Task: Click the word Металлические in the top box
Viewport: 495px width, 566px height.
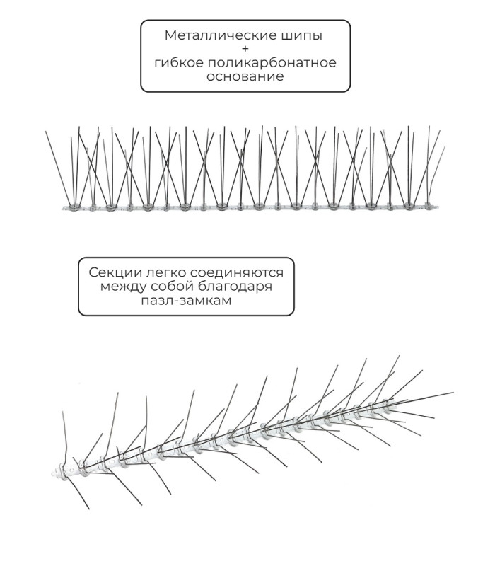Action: pyautogui.click(x=220, y=35)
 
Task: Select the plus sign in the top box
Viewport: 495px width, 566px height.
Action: pyautogui.click(x=245, y=49)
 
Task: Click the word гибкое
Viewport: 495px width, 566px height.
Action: pyautogui.click(x=178, y=62)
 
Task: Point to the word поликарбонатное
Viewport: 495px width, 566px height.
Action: pyautogui.click(x=272, y=64)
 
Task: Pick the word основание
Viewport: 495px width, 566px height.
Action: pyautogui.click(x=245, y=76)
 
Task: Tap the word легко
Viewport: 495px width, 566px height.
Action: pyautogui.click(x=165, y=272)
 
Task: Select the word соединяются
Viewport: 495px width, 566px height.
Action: pyautogui.click(x=237, y=272)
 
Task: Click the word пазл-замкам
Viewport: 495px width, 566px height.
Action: pyautogui.click(x=186, y=300)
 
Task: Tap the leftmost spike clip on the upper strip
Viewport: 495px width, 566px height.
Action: pyautogui.click(x=74, y=207)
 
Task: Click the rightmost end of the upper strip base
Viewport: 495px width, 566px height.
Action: pyautogui.click(x=438, y=207)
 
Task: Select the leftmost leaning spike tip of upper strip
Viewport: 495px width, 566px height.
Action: pyautogui.click(x=46, y=132)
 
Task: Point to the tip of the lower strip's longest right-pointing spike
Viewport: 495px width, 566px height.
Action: pyautogui.click(x=453, y=393)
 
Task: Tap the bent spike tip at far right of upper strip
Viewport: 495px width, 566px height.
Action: pyautogui.click(x=445, y=146)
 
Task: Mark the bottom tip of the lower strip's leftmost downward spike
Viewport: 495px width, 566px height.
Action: pyautogui.click(x=89, y=509)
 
